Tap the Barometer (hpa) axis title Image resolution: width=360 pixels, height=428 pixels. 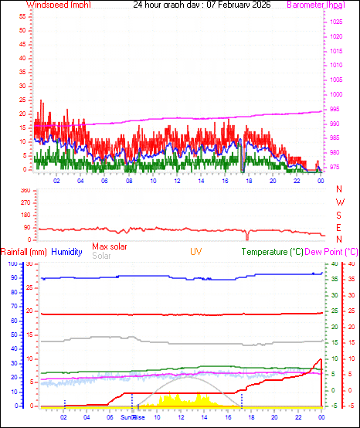[315, 5]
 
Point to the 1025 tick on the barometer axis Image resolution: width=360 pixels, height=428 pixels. [335, 22]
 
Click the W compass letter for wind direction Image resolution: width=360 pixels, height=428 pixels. [339, 202]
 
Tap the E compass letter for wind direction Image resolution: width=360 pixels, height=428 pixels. [339, 227]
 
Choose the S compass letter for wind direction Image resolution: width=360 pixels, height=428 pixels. [339, 214]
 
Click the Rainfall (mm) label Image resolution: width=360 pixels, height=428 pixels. [24, 252]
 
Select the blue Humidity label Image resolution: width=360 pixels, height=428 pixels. [66, 252]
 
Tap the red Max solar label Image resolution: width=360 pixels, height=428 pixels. [110, 246]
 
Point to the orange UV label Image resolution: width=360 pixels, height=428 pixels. [196, 252]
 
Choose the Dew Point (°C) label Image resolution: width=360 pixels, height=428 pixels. [332, 252]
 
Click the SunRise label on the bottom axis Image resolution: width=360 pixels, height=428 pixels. [132, 417]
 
